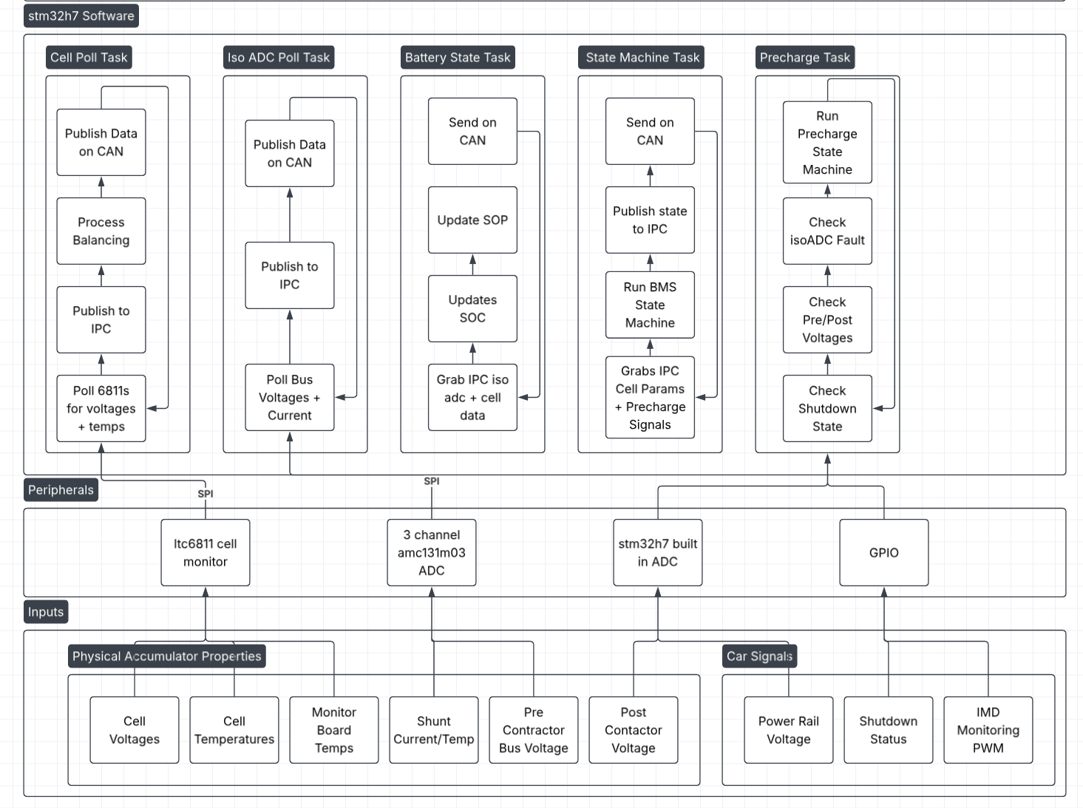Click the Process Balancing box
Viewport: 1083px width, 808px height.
coord(101,231)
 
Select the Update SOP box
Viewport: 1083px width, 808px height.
coord(472,220)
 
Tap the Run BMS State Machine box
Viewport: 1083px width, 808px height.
coord(650,305)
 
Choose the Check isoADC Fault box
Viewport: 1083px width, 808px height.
coord(827,231)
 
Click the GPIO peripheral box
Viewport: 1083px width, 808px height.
coord(883,552)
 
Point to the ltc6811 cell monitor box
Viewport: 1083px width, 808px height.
coord(206,552)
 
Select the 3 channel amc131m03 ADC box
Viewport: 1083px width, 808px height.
coord(432,552)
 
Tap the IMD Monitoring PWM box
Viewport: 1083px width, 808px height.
coord(988,730)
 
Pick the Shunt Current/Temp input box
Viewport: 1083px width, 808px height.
coord(434,730)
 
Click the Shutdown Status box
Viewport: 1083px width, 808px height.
coord(888,730)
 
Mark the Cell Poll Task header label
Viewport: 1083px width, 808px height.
coord(89,57)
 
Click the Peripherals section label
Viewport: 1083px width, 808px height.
coord(61,490)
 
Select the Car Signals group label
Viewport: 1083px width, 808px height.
coord(759,656)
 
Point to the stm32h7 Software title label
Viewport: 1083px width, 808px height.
coord(81,16)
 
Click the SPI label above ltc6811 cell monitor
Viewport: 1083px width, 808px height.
coord(206,493)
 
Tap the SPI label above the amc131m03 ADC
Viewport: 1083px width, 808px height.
coord(432,481)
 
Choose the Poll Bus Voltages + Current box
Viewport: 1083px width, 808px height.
coord(290,397)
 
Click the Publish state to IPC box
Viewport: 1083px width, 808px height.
coord(650,220)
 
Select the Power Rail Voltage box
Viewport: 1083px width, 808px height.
coord(789,730)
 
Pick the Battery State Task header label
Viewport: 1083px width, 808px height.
coord(458,57)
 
